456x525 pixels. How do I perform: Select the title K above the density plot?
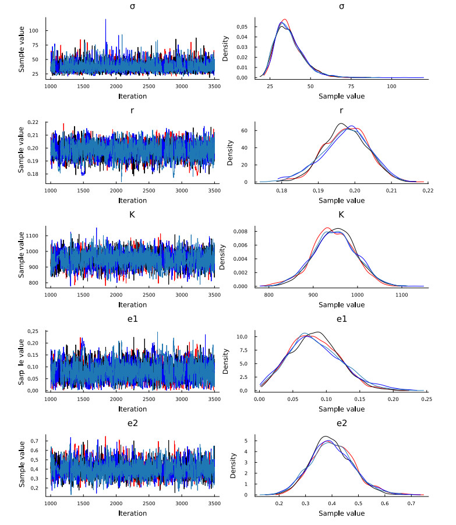[x=341, y=215]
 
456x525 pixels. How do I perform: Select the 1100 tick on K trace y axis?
[x=35, y=236]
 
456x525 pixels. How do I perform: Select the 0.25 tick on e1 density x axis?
[x=427, y=400]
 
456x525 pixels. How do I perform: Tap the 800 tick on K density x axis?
[x=269, y=296]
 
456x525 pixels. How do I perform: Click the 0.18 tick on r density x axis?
[x=282, y=191]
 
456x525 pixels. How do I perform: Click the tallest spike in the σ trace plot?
[x=105, y=20]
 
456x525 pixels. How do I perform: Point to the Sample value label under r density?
[x=341, y=200]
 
